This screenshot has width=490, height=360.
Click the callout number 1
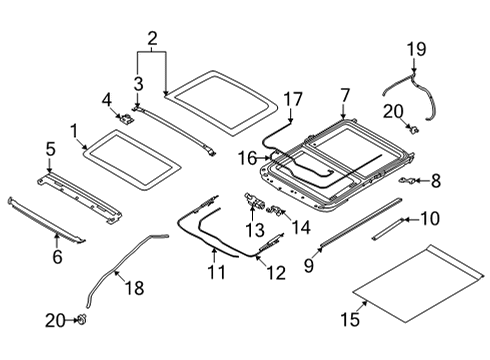tap(72, 129)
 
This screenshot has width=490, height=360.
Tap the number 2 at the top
tap(152, 40)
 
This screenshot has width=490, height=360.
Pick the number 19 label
tap(416, 48)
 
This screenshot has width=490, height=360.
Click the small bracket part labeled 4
tap(130, 119)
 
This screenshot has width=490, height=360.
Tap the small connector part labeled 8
tap(409, 180)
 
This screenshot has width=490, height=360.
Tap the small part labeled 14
tap(277, 212)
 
